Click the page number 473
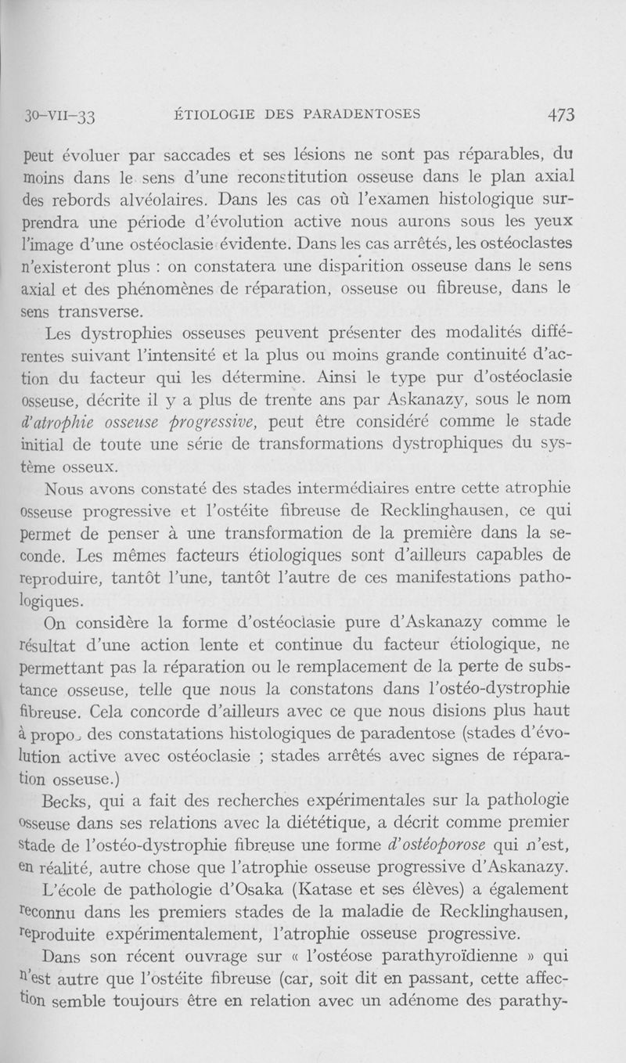pyautogui.click(x=561, y=115)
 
